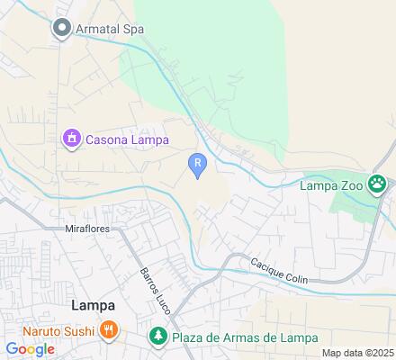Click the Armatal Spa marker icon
coord(62,29)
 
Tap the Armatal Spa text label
coord(109,29)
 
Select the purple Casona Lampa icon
coord(70,139)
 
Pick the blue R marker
coord(198,162)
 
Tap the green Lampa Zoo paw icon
coord(379,184)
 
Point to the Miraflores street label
coord(89,229)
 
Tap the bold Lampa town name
coord(93,305)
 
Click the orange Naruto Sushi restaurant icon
coord(108,329)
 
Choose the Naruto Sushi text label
coord(51,329)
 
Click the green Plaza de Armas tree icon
coord(157,337)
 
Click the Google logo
coord(30,348)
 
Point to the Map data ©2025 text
coord(358,353)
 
